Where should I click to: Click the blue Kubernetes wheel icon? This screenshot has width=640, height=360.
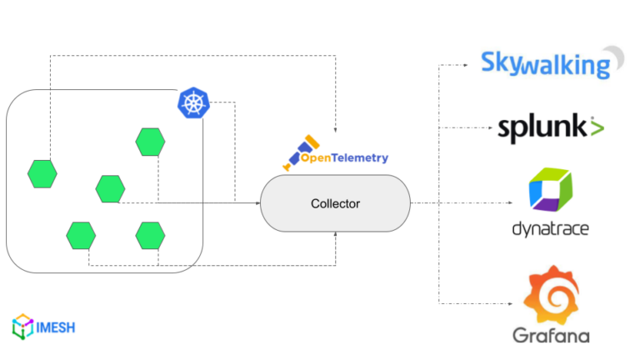click(x=193, y=104)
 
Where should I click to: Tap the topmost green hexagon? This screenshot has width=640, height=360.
click(x=151, y=142)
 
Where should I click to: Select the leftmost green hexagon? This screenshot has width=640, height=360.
click(x=42, y=174)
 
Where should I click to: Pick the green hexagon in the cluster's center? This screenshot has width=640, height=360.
click(x=110, y=188)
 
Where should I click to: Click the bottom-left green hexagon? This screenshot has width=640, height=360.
click(x=81, y=235)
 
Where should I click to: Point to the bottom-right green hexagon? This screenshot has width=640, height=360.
click(x=151, y=235)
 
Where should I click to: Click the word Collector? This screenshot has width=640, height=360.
click(x=336, y=203)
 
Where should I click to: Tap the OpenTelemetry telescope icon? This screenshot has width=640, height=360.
click(x=297, y=152)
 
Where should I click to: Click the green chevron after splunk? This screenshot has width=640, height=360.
click(x=597, y=127)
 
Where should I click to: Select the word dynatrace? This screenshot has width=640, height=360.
click(x=550, y=228)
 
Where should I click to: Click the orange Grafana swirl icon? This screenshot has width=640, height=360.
click(x=550, y=293)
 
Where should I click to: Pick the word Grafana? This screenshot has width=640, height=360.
click(x=551, y=336)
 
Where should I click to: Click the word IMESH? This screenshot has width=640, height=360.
click(x=56, y=327)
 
